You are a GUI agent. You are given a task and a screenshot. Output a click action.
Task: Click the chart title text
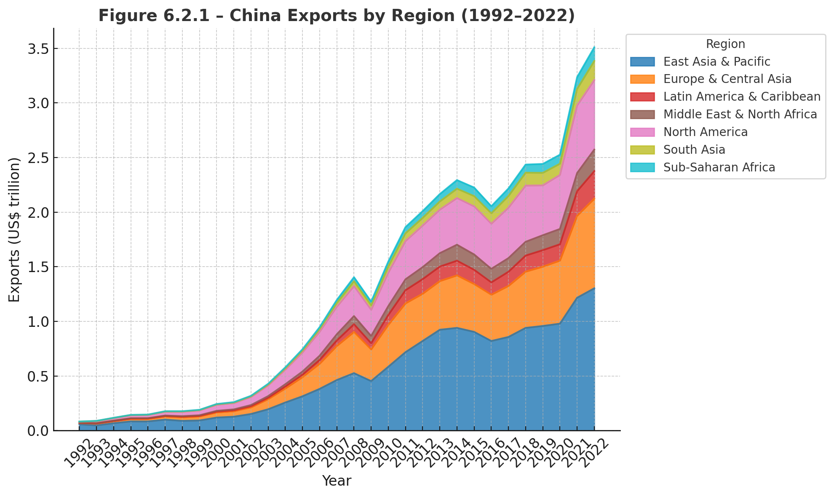pyautogui.click(x=337, y=16)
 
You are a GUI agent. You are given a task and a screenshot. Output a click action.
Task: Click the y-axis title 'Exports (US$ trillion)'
pyautogui.click(x=14, y=230)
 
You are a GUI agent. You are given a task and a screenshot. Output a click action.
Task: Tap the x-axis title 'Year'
pyautogui.click(x=337, y=481)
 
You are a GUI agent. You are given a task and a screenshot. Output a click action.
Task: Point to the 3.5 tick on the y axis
pyautogui.click(x=37, y=48)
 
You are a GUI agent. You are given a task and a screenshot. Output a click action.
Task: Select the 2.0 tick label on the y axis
pyautogui.click(x=37, y=212)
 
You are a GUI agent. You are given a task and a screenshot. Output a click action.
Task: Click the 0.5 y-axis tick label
pyautogui.click(x=37, y=376)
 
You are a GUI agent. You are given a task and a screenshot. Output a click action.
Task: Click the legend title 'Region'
pyautogui.click(x=725, y=44)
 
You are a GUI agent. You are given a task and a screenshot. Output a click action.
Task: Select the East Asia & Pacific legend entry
pyautogui.click(x=716, y=61)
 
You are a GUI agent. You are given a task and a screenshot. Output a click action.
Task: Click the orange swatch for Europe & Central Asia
pyautogui.click(x=643, y=79)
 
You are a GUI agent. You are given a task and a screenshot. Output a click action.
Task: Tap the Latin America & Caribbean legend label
pyautogui.click(x=742, y=97)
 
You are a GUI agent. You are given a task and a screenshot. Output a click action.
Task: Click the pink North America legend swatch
pyautogui.click(x=643, y=132)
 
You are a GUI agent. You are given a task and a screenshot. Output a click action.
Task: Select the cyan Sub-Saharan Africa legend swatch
pyautogui.click(x=643, y=168)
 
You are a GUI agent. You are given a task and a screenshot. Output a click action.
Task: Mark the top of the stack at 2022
pyautogui.click(x=594, y=47)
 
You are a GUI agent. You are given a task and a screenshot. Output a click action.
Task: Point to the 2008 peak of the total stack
pyautogui.click(x=354, y=277)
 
